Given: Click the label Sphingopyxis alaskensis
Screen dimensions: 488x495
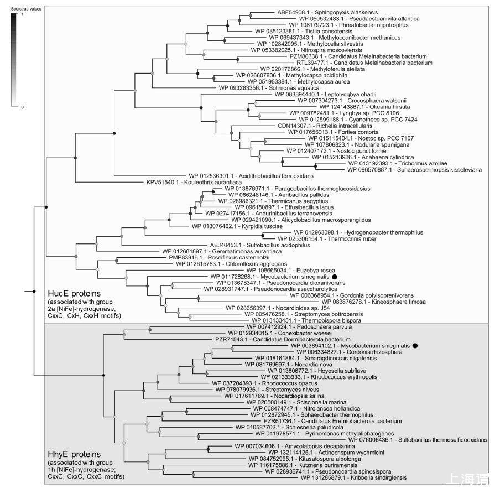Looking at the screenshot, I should [x=319, y=11].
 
